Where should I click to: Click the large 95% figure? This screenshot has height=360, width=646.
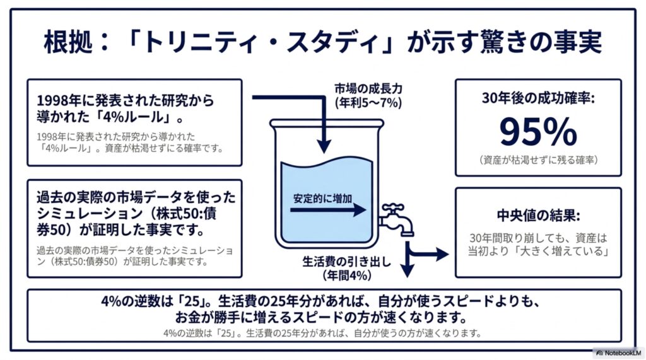537,131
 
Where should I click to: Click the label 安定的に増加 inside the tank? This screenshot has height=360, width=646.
322,199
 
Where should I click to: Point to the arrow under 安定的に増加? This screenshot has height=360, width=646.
328,210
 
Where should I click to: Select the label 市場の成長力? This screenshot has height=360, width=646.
368,88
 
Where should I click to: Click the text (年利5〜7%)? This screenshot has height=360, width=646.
368,103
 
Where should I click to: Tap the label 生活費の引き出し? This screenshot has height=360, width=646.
346,262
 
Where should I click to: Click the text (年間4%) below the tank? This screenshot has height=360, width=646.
347,275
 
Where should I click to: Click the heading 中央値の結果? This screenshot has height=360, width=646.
538,216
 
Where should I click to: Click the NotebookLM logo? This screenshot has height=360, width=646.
618,353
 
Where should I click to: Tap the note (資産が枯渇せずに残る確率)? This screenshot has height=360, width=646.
538,160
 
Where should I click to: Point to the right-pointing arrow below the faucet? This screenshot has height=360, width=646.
428,254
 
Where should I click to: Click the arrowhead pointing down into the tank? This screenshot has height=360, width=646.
324,146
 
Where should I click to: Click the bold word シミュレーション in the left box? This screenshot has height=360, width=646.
90,214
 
